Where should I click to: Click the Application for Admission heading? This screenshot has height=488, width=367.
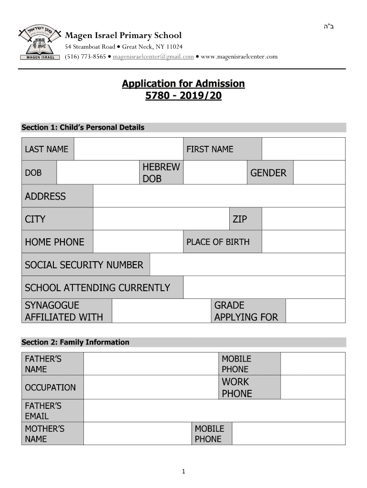coord(183,84)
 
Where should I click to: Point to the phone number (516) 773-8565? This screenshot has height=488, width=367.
coord(85,57)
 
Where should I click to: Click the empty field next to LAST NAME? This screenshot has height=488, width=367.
coord(128,149)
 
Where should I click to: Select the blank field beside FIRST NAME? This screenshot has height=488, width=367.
coord(303,149)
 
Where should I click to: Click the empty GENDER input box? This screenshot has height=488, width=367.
coord(319,173)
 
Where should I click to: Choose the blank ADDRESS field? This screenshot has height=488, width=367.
coord(219,196)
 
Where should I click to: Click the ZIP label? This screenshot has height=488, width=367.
coord(240,219)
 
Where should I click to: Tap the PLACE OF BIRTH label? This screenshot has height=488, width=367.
coord(218,242)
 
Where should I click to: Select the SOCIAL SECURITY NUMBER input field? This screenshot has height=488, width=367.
coord(247,264)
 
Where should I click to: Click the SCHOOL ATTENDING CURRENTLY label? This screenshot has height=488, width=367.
coord(97,287)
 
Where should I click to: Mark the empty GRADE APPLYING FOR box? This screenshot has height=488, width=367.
coord(315,311)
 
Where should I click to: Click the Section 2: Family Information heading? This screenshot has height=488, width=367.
coord(75,342)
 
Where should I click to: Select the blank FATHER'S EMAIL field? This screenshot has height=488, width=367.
coord(214,411)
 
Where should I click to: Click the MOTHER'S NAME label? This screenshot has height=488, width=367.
coord(44,434)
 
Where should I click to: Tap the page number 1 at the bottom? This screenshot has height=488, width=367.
coord(183,472)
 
